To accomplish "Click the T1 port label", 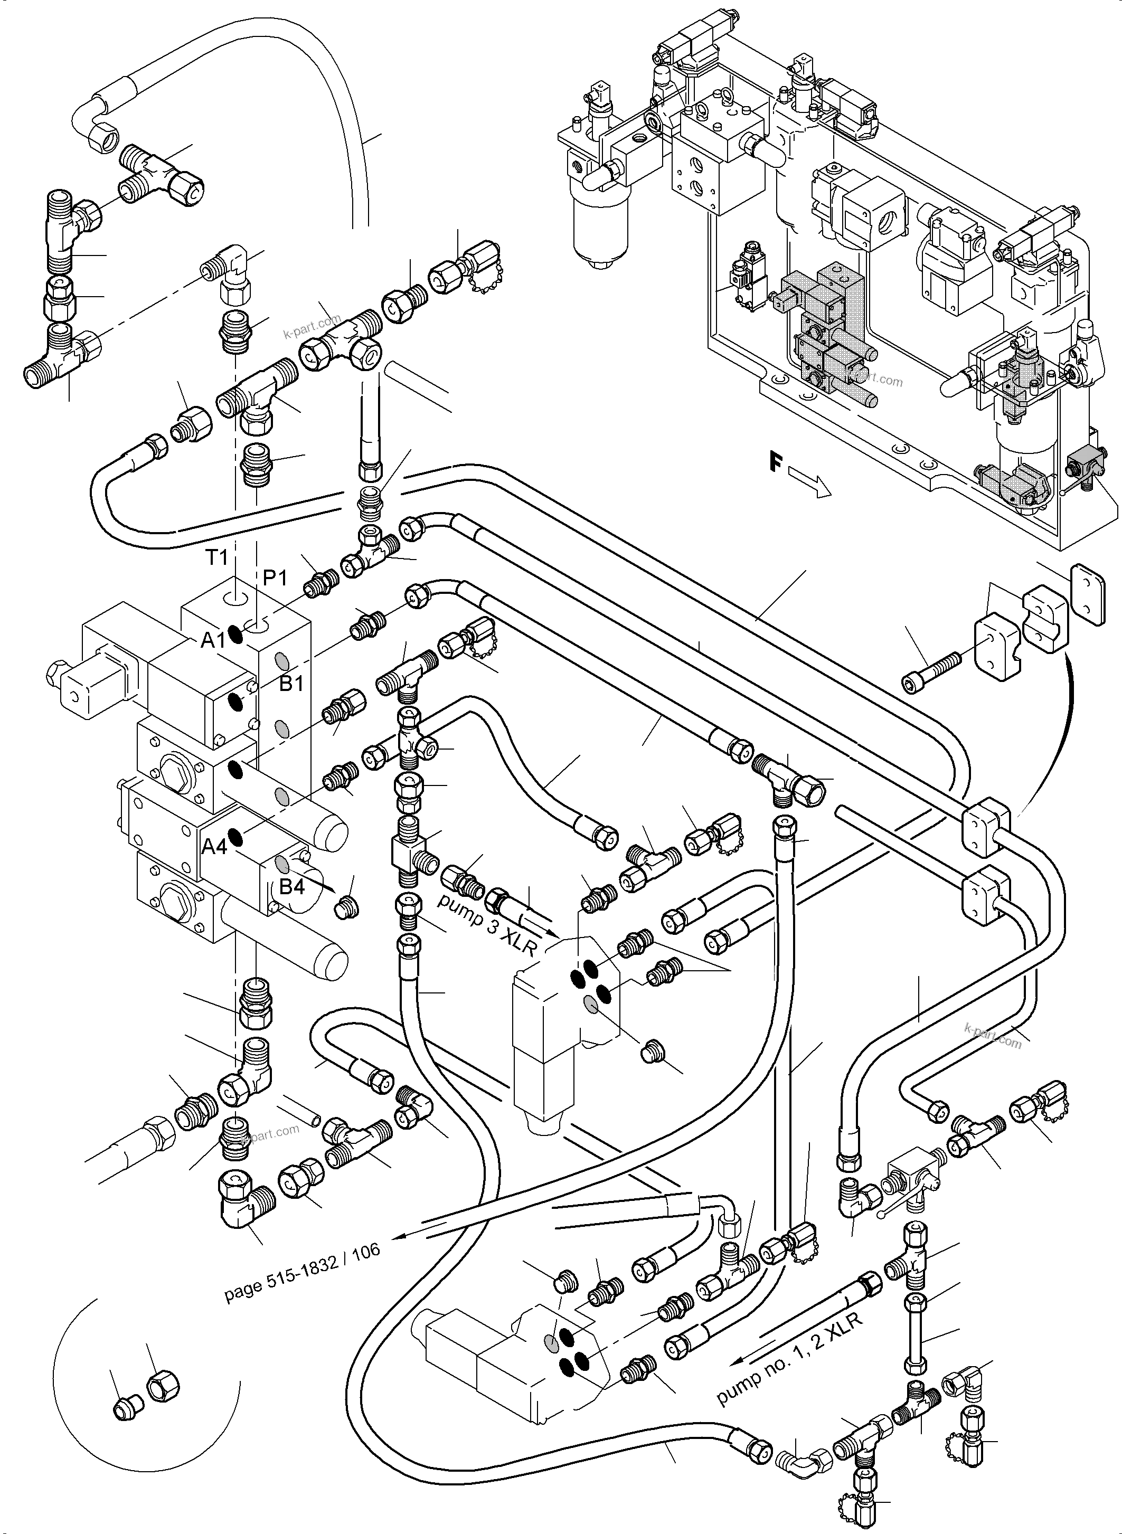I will pos(216,558).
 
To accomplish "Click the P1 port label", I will pos(275,578).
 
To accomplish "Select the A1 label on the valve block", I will pos(213,640).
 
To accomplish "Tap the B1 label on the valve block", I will pos(291,683).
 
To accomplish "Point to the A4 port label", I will pos(214,846).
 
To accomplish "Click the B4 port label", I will pos(291,887).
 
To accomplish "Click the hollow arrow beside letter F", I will pos(811,485).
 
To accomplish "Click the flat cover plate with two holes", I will pos(1087,595).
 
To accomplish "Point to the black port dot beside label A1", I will pos(235,635).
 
